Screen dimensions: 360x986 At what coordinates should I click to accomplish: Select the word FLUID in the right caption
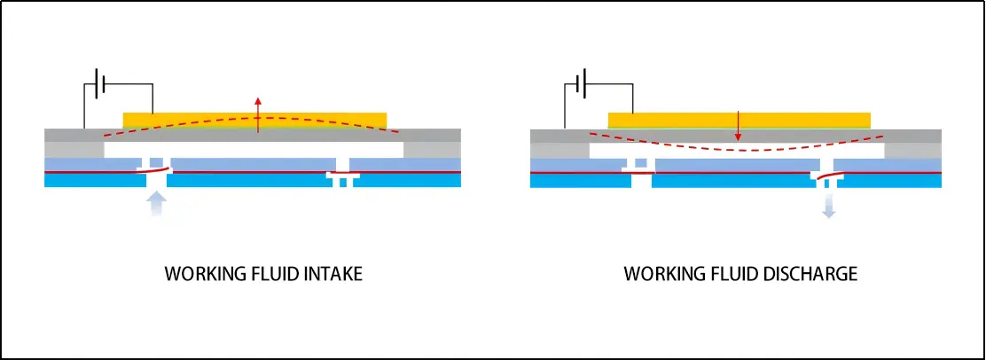click(x=730, y=274)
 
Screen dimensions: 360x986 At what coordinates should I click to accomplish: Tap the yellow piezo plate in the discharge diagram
click(x=674, y=119)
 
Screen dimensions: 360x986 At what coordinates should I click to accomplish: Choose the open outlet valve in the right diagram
click(x=826, y=177)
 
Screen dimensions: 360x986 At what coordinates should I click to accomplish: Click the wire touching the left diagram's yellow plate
click(x=153, y=99)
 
